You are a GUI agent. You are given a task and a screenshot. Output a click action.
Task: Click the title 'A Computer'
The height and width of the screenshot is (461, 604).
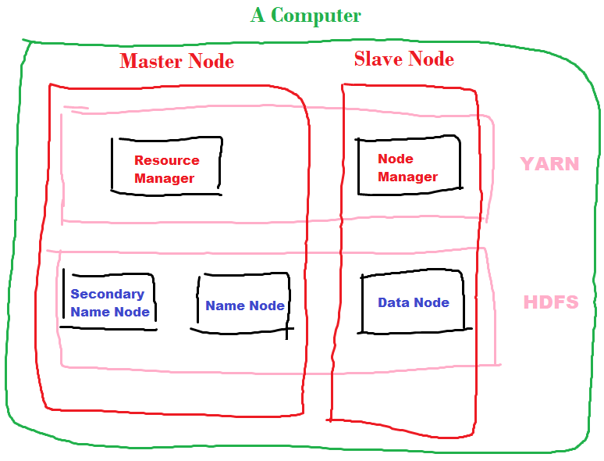305,15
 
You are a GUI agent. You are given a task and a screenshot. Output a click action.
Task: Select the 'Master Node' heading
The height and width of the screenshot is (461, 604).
176,61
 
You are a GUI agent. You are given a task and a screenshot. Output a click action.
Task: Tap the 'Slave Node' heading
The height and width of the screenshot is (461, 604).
403,59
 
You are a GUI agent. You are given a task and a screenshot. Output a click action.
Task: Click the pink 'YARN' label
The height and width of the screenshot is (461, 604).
549,164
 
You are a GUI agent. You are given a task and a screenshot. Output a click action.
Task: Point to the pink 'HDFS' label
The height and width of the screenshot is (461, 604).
550,302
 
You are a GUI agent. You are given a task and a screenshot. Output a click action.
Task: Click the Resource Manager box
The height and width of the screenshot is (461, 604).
166,166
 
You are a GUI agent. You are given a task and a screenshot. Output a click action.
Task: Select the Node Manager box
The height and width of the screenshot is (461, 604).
407,164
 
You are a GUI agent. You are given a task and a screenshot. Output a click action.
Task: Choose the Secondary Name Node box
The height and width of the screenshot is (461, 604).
108,301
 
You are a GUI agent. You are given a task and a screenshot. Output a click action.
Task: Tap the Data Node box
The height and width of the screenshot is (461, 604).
413,302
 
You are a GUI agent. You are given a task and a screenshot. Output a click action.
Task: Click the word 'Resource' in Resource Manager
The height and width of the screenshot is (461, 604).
166,160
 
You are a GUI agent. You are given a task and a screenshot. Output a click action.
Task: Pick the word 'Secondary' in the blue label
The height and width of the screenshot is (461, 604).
107,294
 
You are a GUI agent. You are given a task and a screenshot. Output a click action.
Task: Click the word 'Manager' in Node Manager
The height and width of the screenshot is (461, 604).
407,177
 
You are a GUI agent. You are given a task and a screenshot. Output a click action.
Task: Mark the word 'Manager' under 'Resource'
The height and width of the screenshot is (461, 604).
164,178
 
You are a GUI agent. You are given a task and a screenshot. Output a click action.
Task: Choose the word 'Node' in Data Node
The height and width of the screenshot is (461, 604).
432,302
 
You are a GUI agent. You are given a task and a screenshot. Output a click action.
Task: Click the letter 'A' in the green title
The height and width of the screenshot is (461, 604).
258,15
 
